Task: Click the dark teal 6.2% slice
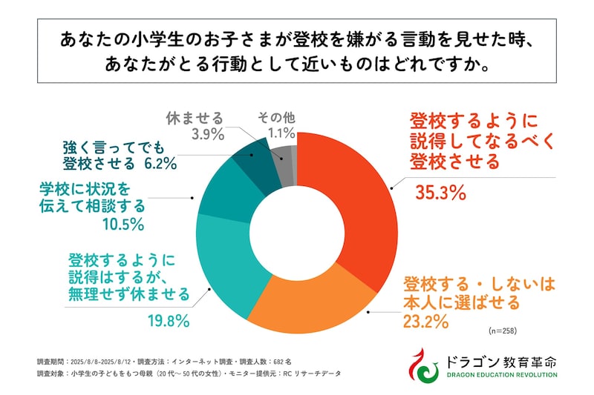pyautogui.click(x=252, y=158)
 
